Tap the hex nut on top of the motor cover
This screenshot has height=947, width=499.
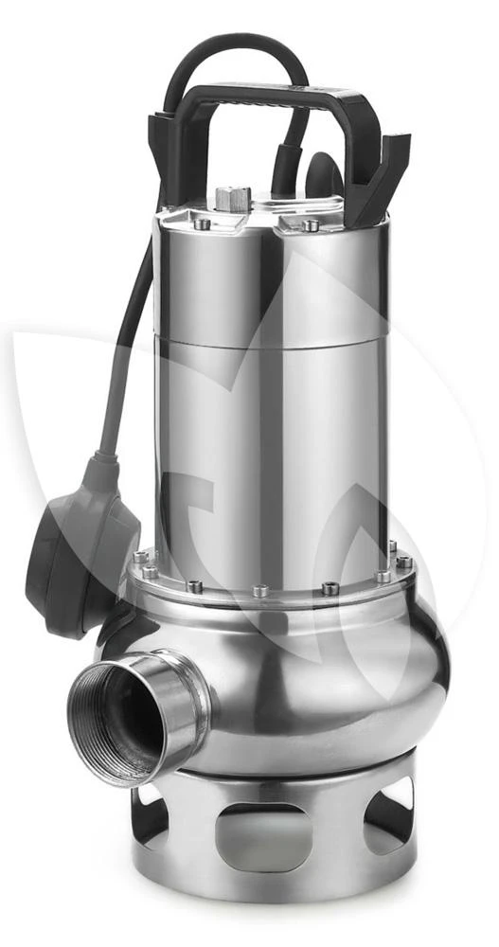tap(232, 198)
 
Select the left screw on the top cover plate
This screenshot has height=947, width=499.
tap(202, 223)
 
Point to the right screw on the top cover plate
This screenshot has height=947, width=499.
tap(310, 224)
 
